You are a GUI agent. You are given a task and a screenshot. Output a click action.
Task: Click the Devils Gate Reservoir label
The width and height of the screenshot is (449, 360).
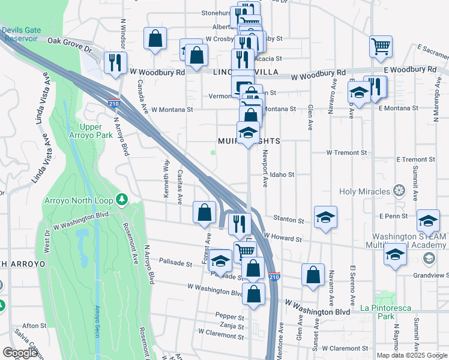[22, 34]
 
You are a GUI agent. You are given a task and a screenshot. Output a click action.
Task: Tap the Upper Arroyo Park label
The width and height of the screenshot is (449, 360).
[99, 131]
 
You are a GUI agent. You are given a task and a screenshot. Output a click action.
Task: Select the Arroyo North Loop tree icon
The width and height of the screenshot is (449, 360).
[122, 198]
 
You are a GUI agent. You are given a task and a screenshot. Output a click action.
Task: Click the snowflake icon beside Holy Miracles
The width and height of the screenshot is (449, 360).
[399, 191]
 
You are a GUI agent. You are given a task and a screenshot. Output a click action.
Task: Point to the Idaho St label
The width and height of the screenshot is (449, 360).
[282, 175]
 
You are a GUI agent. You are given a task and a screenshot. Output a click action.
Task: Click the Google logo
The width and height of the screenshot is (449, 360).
[20, 353]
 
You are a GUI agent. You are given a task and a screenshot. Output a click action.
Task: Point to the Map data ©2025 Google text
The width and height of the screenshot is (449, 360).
[412, 355]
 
